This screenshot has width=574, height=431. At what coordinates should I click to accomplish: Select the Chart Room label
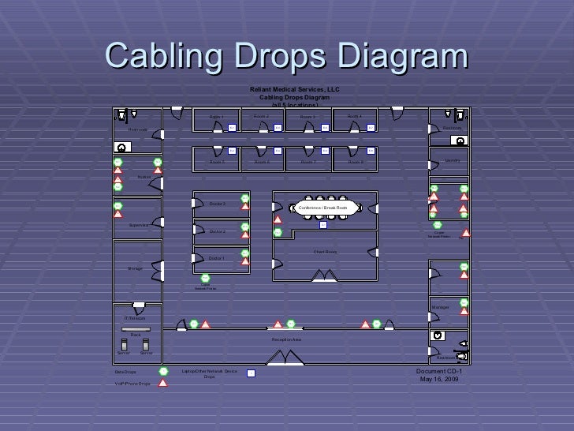325,252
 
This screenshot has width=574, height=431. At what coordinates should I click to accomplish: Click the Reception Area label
287,339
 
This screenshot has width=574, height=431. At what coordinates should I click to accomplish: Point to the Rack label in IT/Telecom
136,335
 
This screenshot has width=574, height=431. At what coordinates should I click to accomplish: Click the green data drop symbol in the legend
163,371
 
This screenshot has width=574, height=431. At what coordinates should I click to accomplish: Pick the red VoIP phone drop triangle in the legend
163,383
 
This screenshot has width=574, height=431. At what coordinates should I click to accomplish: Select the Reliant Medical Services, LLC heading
294,90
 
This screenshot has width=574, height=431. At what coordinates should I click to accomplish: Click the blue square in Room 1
232,127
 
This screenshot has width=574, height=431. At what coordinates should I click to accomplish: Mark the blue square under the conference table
322,225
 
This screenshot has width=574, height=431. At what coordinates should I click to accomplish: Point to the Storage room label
135,269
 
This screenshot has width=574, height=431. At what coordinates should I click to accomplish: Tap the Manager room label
440,306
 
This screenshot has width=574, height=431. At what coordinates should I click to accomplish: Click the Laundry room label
453,160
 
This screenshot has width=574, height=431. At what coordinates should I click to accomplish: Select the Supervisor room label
140,225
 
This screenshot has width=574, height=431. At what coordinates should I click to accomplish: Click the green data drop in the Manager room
464,302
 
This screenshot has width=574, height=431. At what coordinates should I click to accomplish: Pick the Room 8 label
356,162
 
